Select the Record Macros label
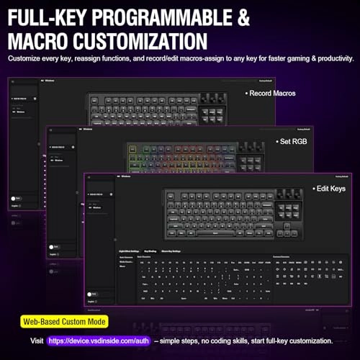tap(270, 93)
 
